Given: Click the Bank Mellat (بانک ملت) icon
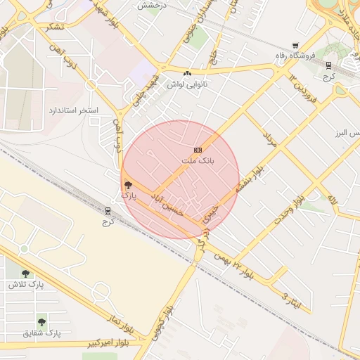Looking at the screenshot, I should click(x=198, y=150).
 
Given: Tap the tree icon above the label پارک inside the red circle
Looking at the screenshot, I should click(x=127, y=185).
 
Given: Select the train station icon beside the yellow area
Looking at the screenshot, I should click(x=108, y=210).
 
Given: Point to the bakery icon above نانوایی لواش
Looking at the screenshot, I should click(x=187, y=73).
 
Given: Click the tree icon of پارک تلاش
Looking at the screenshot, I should click(x=26, y=274).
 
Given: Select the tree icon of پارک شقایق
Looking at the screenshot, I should click(x=42, y=321).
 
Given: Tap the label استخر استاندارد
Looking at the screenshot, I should click(x=73, y=111).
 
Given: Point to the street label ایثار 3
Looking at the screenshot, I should click(x=295, y=298).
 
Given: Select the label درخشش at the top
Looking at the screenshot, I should click(x=150, y=5).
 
